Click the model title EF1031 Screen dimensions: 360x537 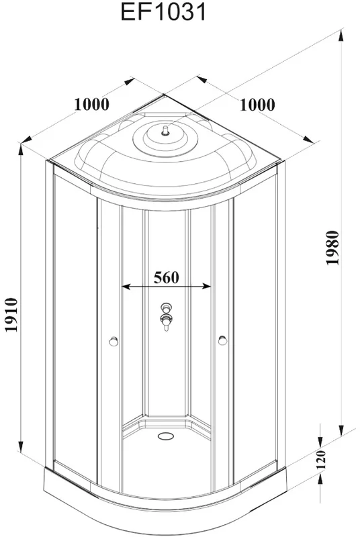click(x=164, y=12)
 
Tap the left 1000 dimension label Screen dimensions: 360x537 click(x=92, y=104)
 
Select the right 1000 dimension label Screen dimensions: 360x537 click(x=257, y=105)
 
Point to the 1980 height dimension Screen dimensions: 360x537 click(x=332, y=248)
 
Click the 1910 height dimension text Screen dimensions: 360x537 click(x=11, y=315)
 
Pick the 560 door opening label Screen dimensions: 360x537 click(x=166, y=277)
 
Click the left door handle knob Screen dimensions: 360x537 click(x=114, y=341)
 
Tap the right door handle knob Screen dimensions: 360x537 click(x=222, y=340)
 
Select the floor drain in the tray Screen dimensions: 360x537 click(x=166, y=436)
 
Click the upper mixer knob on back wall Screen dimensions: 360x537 click(x=167, y=307)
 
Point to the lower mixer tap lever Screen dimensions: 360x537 click(x=167, y=323)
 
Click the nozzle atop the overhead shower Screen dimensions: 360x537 click(x=166, y=131)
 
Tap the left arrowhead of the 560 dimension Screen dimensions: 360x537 click(x=126, y=287)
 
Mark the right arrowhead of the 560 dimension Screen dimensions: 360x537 click(x=207, y=287)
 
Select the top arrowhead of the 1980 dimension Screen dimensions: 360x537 click(x=341, y=36)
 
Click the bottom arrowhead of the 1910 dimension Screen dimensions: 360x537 click(x=21, y=446)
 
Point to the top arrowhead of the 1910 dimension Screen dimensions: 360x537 click(x=21, y=150)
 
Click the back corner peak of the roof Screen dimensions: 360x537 click(x=165, y=95)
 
